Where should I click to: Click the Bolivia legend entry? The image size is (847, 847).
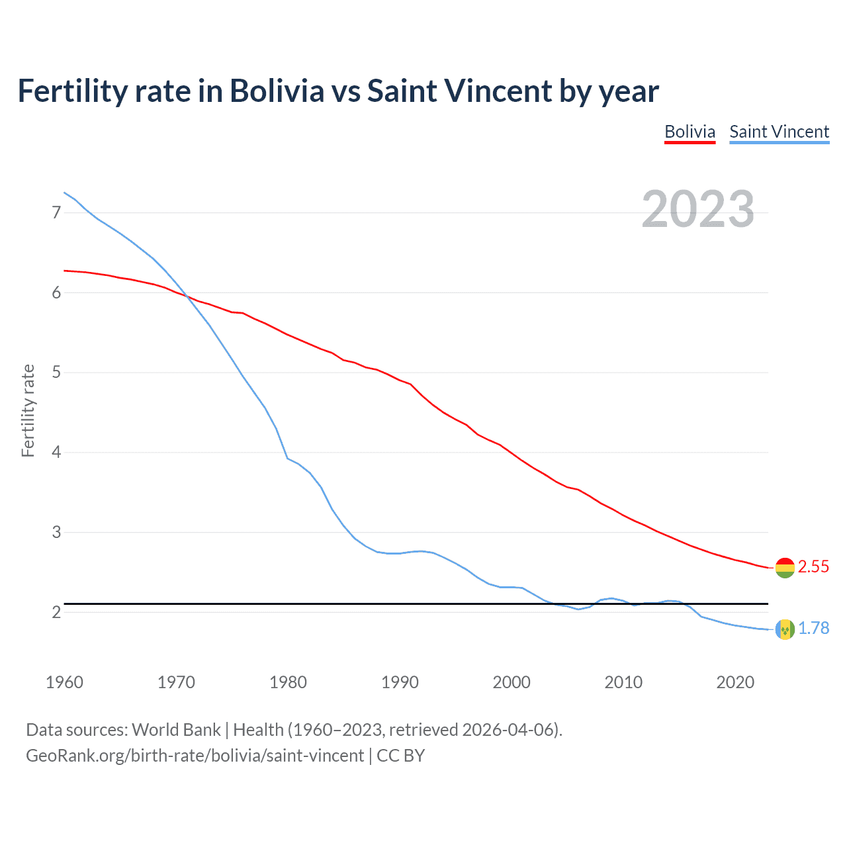pyautogui.click(x=690, y=132)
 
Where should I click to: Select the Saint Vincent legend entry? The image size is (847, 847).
pyautogui.click(x=779, y=132)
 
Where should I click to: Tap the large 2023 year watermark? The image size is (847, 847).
pyautogui.click(x=697, y=209)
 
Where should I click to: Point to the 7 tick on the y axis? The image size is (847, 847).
pyautogui.click(x=56, y=212)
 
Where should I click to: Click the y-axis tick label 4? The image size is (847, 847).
pyautogui.click(x=56, y=453)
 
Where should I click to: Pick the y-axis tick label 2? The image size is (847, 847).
pyautogui.click(x=56, y=612)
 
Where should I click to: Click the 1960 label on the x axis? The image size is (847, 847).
pyautogui.click(x=64, y=682)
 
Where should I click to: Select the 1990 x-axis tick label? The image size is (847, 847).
pyautogui.click(x=400, y=682)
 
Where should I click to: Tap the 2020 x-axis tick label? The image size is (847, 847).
pyautogui.click(x=735, y=682)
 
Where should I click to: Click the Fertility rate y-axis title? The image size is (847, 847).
pyautogui.click(x=28, y=410)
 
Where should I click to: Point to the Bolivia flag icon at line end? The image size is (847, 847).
pyautogui.click(x=785, y=567)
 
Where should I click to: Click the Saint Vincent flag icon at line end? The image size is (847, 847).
pyautogui.click(x=785, y=629)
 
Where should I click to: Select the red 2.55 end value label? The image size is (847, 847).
pyautogui.click(x=813, y=567)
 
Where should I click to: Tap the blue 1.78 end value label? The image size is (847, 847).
pyautogui.click(x=813, y=629)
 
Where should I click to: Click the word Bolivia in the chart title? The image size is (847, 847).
pyautogui.click(x=277, y=91)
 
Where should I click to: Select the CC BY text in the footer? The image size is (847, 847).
pyautogui.click(x=401, y=756)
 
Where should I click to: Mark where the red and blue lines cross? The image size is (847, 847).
pyautogui.click(x=186, y=296)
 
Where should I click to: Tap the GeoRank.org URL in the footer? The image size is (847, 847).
pyautogui.click(x=195, y=756)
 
